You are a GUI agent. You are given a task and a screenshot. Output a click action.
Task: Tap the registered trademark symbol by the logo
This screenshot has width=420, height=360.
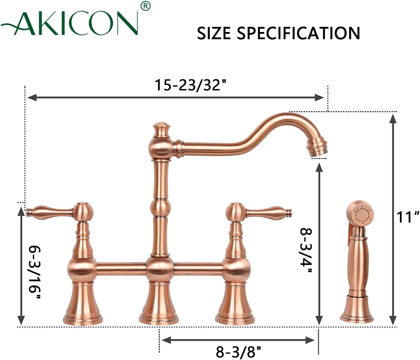point(146,6)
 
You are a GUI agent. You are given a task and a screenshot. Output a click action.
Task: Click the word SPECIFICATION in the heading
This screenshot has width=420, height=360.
point(298,33)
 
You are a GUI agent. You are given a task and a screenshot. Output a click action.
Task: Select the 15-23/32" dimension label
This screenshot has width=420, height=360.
point(191,85)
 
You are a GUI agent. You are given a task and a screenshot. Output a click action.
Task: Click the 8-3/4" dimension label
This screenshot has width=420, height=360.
point(305,250)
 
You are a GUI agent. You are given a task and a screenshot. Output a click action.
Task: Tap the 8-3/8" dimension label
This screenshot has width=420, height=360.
point(238,351)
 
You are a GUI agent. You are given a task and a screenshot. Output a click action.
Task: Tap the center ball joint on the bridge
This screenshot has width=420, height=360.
point(160,269)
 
